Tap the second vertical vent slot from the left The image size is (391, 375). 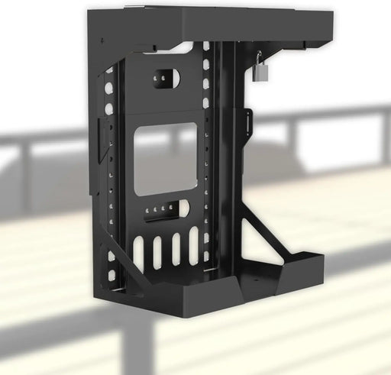pos(158,253)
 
